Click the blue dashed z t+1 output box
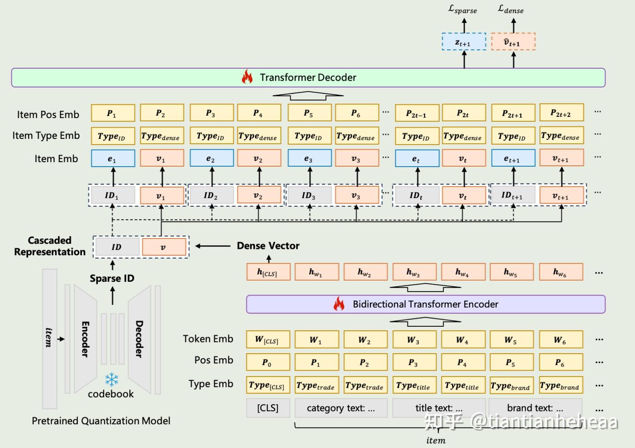[463, 42]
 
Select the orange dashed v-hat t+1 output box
[513, 42]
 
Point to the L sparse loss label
[463, 9]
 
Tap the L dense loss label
[511, 9]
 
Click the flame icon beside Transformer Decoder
[247, 77]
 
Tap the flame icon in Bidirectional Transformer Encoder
[339, 304]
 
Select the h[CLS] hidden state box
[268, 272]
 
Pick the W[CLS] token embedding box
[268, 340]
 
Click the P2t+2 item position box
[561, 113]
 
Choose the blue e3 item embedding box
[309, 158]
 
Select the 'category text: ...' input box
[341, 408]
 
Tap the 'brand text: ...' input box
[535, 408]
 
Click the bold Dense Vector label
[268, 246]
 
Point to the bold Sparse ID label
[112, 278]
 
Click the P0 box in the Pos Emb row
[268, 362]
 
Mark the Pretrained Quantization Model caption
[101, 421]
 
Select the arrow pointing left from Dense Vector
[213, 246]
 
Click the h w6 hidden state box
[560, 272]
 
